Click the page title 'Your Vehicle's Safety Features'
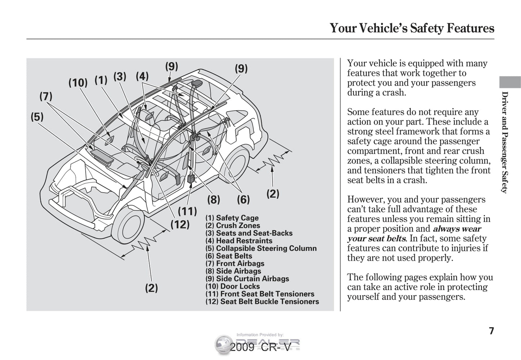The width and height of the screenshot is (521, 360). [412, 28]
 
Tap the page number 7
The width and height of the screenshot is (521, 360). [491, 331]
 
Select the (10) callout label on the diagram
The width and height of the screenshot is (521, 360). [78, 83]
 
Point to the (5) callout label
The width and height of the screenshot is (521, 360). [37, 117]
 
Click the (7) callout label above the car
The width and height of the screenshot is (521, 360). [46, 97]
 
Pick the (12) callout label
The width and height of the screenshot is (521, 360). [180, 224]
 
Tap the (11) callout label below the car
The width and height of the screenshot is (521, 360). [187, 211]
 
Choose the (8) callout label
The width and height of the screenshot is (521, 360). [213, 199]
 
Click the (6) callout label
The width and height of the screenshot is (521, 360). [243, 199]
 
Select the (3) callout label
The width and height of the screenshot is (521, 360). [120, 76]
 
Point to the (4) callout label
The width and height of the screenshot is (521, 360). [142, 76]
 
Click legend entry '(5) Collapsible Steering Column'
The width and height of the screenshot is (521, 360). [261, 248]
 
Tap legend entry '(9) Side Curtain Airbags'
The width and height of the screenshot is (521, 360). [247, 278]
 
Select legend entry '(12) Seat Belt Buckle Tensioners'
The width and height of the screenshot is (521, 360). [262, 302]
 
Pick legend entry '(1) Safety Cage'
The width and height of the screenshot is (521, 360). [232, 218]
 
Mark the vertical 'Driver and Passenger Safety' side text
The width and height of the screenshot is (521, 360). [505, 142]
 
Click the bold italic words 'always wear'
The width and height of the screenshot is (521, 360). [457, 229]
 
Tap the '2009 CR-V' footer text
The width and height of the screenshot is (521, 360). [260, 347]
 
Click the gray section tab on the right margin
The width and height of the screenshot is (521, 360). [510, 82]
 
